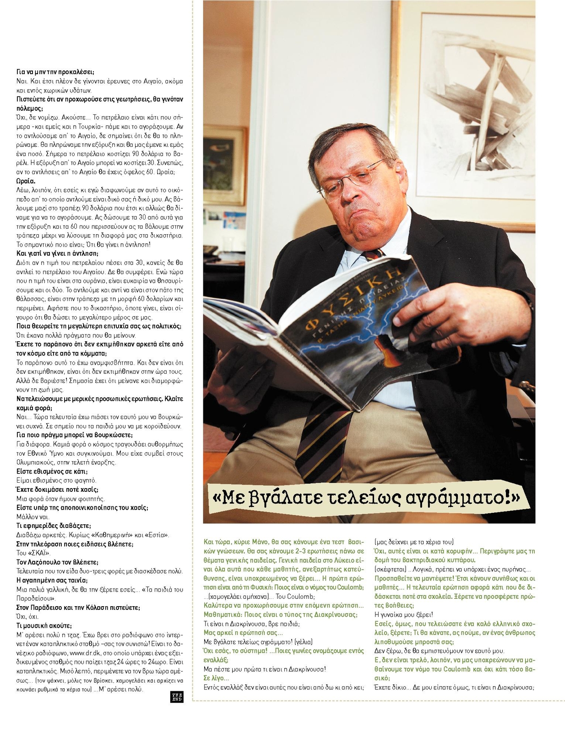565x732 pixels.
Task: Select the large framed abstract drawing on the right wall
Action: pos(476,105)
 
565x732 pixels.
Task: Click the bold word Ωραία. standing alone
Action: pos(26,181)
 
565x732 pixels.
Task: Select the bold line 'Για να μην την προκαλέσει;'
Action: pos(55,72)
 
